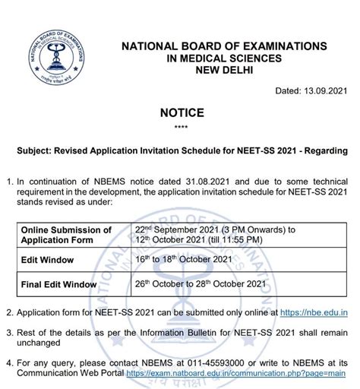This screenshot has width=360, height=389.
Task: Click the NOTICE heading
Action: pos(180,113)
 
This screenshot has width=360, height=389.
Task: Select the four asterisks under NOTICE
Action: pos(180,128)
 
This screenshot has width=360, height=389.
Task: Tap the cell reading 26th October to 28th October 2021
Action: pos(200,285)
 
